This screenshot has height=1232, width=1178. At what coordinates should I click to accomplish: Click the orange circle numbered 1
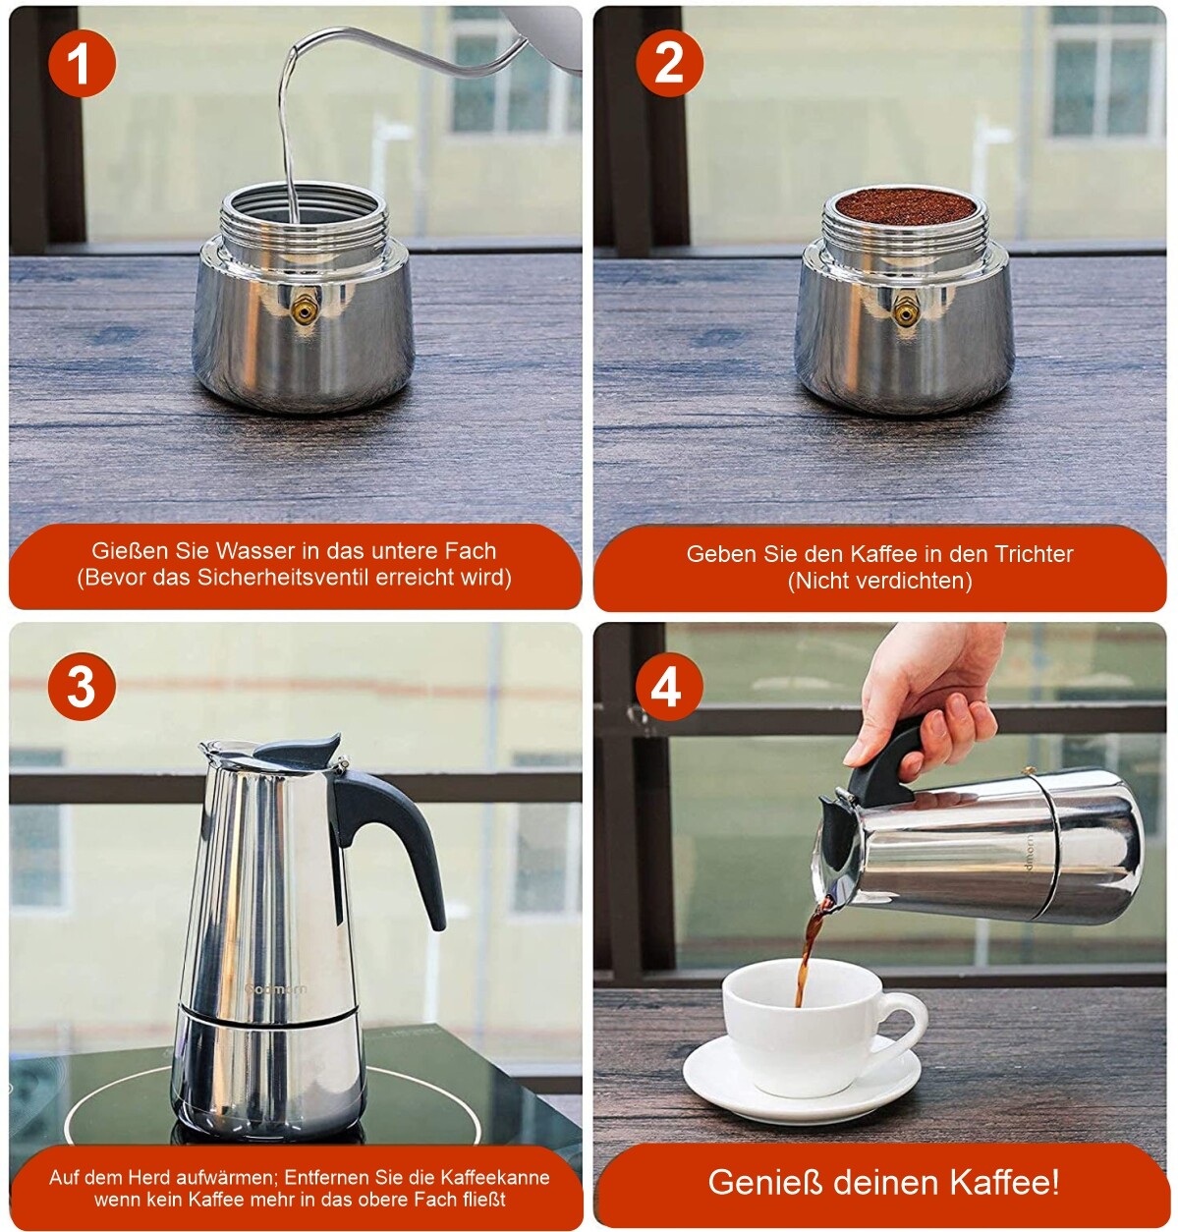(82, 63)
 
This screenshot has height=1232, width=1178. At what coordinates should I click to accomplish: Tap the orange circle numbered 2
(669, 63)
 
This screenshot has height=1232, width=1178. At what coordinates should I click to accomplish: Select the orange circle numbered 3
(82, 687)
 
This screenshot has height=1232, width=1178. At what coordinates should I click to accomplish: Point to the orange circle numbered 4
(668, 687)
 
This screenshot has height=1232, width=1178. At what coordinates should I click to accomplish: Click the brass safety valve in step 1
(304, 310)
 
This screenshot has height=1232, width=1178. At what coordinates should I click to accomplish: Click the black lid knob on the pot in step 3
(299, 751)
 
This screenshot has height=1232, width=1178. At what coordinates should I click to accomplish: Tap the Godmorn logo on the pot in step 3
(276, 988)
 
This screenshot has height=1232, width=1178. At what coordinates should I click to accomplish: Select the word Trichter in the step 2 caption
(1034, 554)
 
